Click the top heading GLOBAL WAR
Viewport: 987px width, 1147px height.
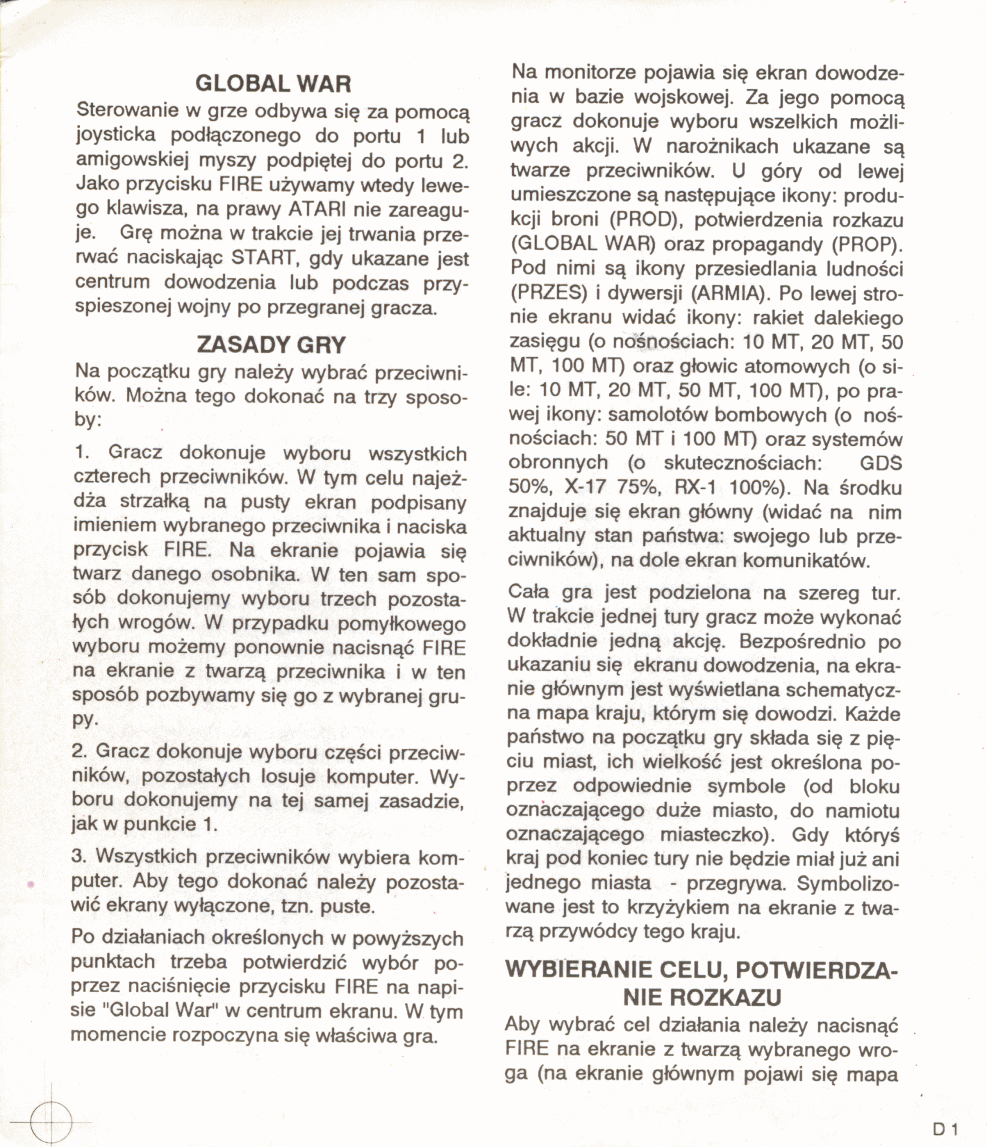pyautogui.click(x=273, y=84)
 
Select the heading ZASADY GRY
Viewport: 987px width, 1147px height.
pyautogui.click(x=272, y=345)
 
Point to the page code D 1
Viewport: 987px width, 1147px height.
pyautogui.click(x=946, y=1129)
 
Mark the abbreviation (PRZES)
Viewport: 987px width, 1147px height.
pyautogui.click(x=549, y=293)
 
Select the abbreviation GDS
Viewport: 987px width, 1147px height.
pyautogui.click(x=880, y=463)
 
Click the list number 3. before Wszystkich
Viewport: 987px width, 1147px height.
pyautogui.click(x=80, y=857)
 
